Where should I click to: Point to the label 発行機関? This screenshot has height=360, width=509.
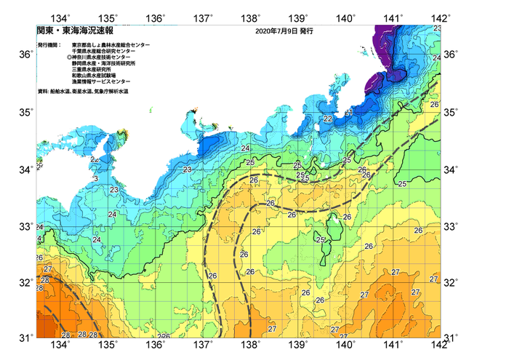coord(49,45)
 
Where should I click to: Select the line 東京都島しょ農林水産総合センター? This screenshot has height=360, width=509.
coord(111,45)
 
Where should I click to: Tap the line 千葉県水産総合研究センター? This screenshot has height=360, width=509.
coord(103,51)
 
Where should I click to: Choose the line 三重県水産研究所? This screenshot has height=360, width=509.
coord(95,70)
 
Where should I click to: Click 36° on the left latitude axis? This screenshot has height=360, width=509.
coord(25,55)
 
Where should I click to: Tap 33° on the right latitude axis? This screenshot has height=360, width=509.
coord(451,226)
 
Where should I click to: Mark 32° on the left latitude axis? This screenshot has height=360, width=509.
coord(25,283)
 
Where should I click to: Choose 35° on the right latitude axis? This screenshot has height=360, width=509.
coord(451,112)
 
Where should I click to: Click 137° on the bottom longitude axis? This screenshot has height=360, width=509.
coord(204,344)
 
